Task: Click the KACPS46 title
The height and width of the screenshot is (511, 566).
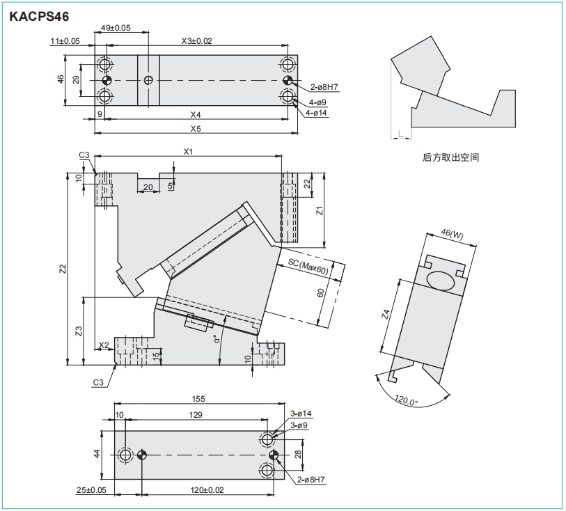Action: click(x=39, y=15)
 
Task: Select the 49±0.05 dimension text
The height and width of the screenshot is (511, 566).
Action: click(x=116, y=28)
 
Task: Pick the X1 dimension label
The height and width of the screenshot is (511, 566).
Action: click(x=187, y=151)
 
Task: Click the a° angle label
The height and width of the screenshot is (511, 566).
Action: click(x=217, y=338)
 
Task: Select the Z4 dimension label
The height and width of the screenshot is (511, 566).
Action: click(x=384, y=315)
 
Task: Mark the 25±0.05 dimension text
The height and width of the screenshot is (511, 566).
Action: click(x=93, y=491)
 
